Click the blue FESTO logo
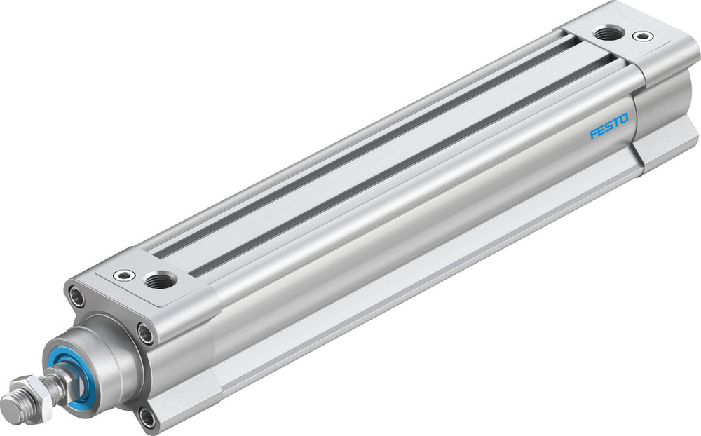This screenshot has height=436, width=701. point(608,125)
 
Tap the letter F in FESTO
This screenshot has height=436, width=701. point(592,134)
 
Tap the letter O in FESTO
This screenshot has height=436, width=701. point(624,117)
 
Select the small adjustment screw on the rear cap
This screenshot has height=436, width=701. point(639,35)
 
